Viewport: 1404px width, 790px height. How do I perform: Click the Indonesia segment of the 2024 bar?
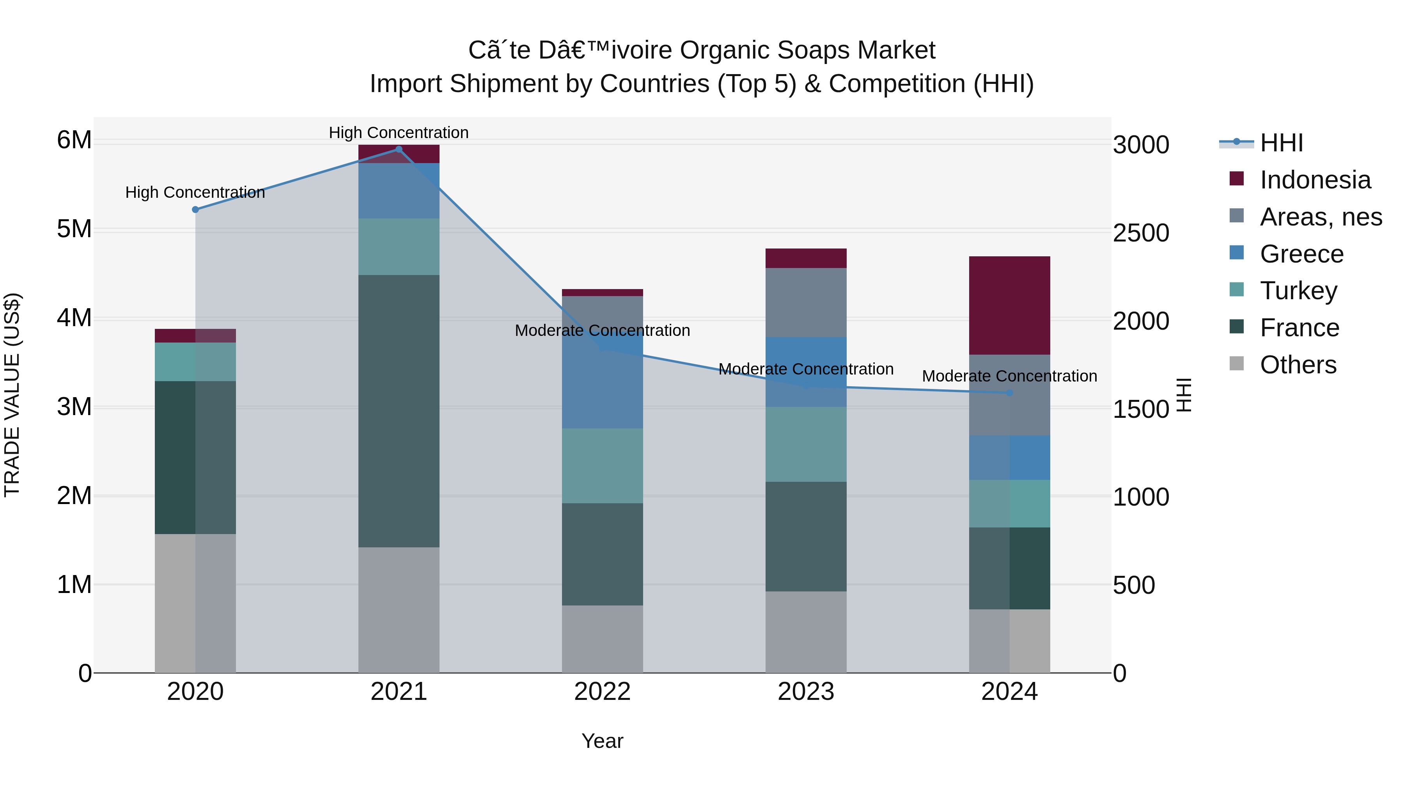1009,305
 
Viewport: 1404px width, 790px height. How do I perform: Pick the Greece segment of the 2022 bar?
602,382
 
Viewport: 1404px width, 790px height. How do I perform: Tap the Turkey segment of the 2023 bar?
806,444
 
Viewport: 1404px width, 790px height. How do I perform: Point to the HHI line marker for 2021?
399,149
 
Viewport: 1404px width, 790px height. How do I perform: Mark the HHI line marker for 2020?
195,209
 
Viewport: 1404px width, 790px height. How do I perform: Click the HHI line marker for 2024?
1009,392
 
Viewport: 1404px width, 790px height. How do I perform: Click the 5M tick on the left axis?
74,229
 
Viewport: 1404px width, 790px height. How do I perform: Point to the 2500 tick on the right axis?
1141,233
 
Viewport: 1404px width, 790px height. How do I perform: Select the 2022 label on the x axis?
602,692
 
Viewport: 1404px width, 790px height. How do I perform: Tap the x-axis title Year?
602,741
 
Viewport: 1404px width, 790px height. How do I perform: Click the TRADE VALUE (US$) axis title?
12,395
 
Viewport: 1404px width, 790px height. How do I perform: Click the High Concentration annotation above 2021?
399,133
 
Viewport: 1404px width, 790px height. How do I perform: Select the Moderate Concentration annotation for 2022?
602,330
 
